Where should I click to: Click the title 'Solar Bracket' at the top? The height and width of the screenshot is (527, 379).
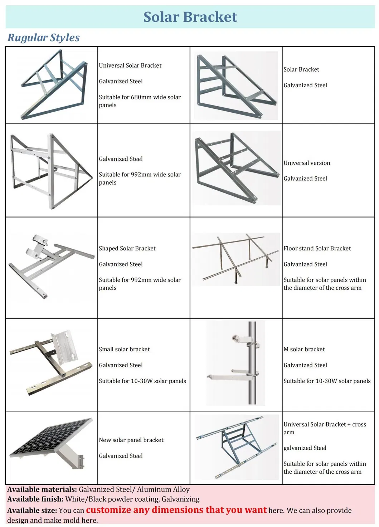190,17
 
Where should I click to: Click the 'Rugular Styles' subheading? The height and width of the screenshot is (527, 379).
44,38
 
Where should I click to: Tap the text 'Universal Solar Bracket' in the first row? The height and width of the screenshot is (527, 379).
130,65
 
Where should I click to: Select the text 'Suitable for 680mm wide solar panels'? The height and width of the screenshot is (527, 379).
140,101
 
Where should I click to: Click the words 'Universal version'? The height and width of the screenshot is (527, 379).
307,163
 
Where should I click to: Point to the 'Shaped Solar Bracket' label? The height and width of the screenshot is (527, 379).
127,248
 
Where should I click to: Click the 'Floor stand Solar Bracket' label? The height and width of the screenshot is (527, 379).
317,248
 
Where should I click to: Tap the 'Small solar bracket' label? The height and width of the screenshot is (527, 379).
124,349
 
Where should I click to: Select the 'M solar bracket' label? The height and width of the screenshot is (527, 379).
304,349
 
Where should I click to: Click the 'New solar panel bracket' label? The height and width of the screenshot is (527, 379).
131,440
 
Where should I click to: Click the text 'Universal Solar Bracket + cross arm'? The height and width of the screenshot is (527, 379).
325,428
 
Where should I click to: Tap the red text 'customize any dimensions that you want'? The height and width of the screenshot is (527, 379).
176,510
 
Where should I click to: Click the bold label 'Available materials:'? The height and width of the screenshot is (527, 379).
42,489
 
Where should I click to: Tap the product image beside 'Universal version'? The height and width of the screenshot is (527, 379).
235,167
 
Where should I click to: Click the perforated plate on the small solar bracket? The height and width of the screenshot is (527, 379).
65,346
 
